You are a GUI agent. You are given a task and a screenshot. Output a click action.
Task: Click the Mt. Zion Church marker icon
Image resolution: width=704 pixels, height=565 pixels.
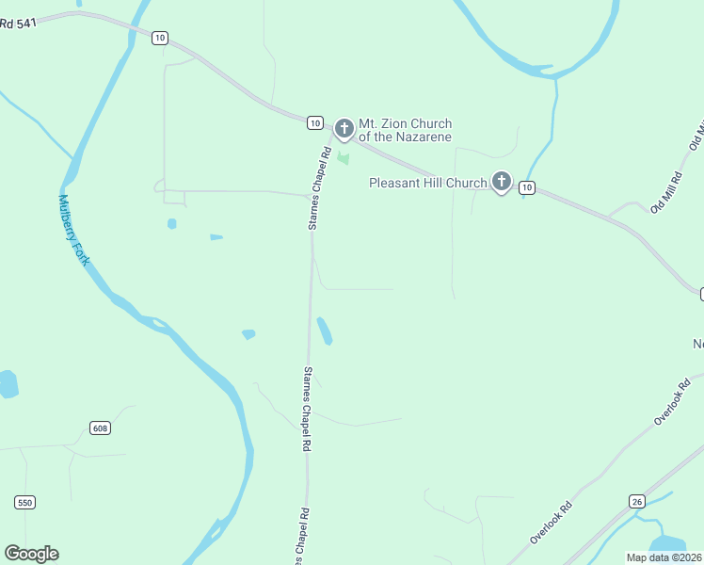[x=344, y=128]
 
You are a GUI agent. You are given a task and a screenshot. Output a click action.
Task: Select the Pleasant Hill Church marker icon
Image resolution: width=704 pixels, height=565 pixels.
[x=502, y=182]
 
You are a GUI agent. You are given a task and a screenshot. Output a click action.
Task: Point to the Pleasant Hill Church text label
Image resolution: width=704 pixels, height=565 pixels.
[x=427, y=183]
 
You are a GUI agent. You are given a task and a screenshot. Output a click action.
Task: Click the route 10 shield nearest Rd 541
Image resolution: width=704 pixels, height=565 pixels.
[x=160, y=38]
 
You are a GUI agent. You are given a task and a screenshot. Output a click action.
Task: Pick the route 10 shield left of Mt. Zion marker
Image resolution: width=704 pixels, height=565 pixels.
[x=315, y=122]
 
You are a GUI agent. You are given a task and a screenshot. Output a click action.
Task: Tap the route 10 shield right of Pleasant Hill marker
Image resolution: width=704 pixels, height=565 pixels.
[x=526, y=188]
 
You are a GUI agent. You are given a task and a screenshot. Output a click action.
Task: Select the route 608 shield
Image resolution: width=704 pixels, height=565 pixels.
[x=101, y=428]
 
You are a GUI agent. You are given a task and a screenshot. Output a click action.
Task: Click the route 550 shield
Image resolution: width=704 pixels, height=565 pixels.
[x=24, y=503]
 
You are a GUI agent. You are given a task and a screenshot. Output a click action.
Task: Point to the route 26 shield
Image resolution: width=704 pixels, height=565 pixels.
[x=637, y=501]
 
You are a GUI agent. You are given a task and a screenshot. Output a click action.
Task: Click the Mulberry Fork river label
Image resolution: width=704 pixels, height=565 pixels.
[x=73, y=230]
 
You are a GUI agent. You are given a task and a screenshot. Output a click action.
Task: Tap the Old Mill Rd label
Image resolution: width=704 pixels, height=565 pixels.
[x=665, y=193]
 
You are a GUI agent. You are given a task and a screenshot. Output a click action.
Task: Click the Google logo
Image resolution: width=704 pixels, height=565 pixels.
[x=31, y=554]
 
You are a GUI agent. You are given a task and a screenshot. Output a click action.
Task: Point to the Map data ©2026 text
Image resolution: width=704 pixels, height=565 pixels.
[x=664, y=557]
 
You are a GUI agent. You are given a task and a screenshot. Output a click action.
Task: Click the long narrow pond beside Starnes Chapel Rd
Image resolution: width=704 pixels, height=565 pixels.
[x=325, y=331]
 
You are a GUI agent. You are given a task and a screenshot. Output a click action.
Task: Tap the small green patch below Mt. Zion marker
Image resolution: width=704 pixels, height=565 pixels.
[x=343, y=158]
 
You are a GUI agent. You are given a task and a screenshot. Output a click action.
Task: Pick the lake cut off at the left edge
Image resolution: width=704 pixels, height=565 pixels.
[x=7, y=384]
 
